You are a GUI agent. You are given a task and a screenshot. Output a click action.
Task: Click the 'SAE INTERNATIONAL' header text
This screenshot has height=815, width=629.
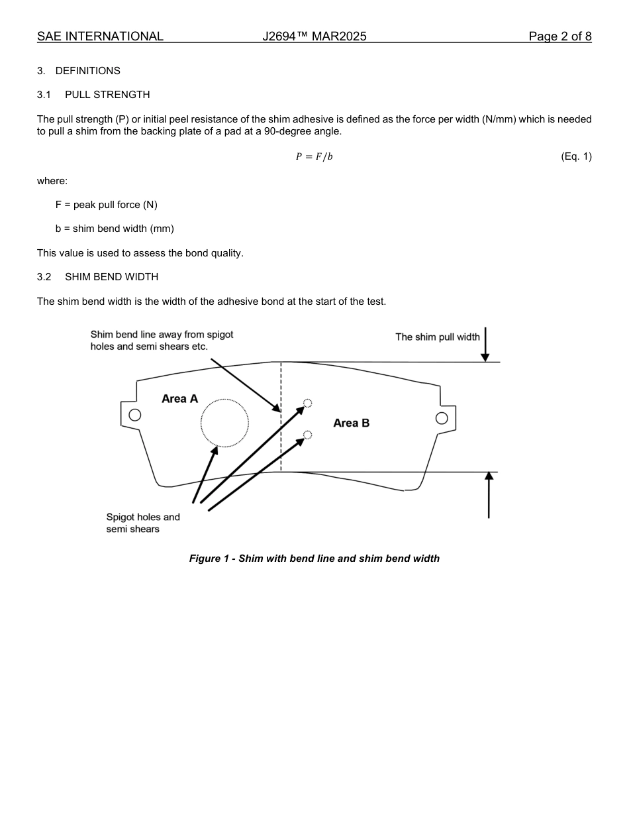point(100,36)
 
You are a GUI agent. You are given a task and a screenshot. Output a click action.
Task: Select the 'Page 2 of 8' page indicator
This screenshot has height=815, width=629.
point(559,36)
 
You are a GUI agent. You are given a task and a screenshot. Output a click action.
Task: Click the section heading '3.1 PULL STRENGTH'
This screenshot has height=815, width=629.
point(93,95)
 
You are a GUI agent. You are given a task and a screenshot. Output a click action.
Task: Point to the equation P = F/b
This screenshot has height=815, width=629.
point(314,156)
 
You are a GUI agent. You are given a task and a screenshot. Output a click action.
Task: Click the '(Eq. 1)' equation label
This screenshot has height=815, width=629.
point(575,156)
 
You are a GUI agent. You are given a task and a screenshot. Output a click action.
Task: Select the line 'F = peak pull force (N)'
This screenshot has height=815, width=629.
point(107,205)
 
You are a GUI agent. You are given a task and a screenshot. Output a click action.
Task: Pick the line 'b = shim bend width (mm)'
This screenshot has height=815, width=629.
point(115,229)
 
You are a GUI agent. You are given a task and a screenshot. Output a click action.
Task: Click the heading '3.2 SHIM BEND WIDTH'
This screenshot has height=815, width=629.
point(97,277)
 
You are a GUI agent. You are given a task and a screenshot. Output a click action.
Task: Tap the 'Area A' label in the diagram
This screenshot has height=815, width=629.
point(179,399)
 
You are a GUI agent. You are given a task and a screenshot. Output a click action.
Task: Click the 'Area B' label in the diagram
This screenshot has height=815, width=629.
point(351,423)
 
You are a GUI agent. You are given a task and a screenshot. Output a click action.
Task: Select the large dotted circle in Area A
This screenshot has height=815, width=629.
point(224,423)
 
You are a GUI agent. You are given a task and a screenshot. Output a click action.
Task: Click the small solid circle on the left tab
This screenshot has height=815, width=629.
point(135,415)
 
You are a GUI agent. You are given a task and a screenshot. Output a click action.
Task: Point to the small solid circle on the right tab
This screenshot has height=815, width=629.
point(442,418)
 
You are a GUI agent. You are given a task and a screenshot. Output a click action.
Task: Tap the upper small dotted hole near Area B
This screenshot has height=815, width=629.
point(307,403)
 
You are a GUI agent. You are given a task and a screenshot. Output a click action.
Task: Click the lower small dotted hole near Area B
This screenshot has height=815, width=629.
point(307,435)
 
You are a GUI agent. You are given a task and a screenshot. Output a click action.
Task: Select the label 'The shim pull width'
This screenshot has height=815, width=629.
point(437,337)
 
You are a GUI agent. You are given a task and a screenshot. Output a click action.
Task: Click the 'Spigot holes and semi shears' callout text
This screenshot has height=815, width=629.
point(142,523)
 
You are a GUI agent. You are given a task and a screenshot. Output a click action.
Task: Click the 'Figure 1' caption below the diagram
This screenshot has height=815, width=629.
point(314,559)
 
